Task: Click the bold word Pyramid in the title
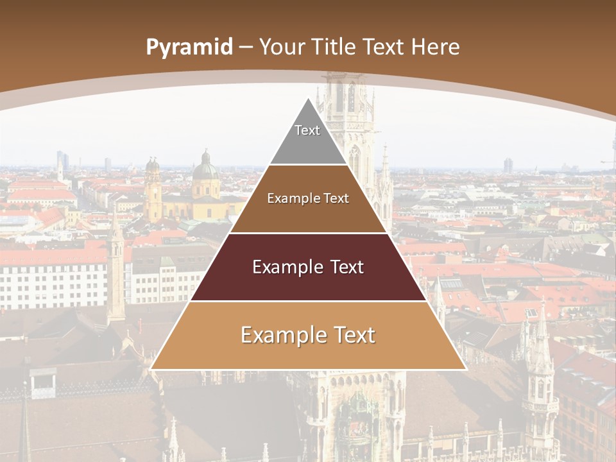189,47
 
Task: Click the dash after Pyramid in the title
246,47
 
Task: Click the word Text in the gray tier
307,130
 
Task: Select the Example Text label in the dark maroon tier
308,267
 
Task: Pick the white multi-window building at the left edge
51,282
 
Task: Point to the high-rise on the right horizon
508,165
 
